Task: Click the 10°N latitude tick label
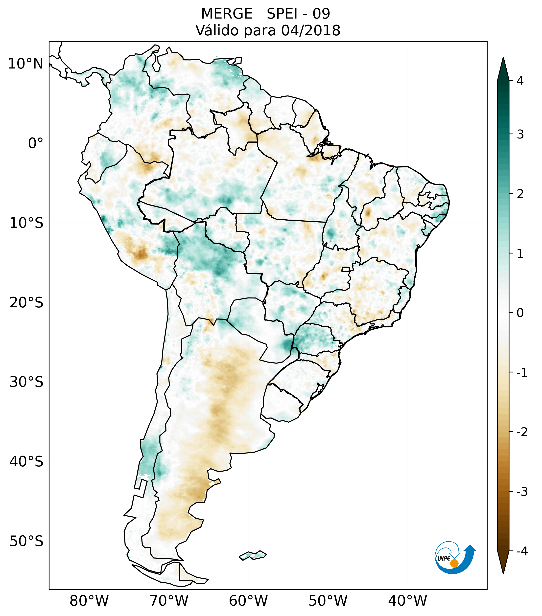[26, 64]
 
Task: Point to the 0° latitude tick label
[36, 143]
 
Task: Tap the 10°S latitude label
[26, 223]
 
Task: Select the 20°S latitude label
[26, 303]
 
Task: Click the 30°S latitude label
[26, 382]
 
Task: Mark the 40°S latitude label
[26, 462]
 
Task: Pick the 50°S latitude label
[26, 542]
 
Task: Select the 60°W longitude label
[248, 601]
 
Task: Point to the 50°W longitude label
[328, 601]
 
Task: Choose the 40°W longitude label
[408, 601]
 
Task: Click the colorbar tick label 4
[520, 81]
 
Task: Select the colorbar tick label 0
[520, 313]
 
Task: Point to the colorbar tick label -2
[522, 432]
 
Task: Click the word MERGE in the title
[227, 14]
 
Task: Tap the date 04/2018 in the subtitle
[311, 30]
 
